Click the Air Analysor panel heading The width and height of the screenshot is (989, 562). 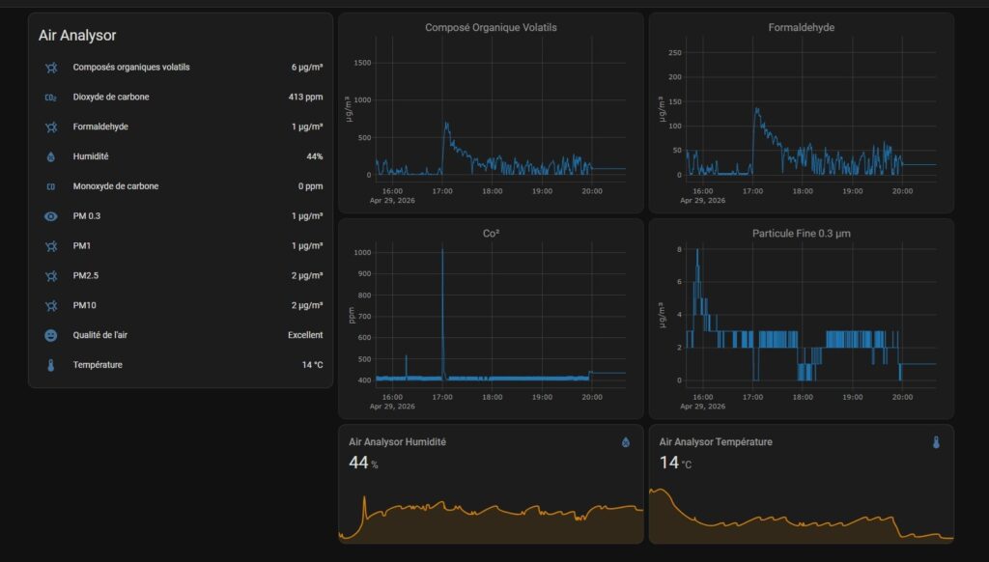(77, 36)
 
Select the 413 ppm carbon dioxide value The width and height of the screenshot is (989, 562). (305, 98)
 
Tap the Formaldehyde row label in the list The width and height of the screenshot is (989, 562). (100, 126)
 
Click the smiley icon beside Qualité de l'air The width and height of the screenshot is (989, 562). (51, 336)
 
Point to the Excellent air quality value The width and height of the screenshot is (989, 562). (305, 335)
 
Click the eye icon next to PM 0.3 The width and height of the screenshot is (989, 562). (51, 216)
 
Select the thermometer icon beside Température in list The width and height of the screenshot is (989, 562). (51, 365)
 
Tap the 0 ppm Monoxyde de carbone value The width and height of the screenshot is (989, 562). (310, 186)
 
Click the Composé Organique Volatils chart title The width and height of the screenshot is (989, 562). (491, 28)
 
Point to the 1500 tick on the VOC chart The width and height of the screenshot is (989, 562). (363, 63)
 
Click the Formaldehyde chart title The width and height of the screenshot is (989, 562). (801, 28)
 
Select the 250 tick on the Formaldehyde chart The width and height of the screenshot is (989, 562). (675, 53)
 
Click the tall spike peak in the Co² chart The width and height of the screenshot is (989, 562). (442, 250)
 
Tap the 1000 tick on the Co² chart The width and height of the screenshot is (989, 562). (363, 253)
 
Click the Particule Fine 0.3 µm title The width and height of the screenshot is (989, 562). (801, 234)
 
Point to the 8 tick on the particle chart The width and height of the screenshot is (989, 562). (679, 250)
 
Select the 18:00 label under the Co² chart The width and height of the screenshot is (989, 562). (492, 398)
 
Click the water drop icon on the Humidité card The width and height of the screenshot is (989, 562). (626, 442)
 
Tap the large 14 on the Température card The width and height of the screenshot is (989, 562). (669, 463)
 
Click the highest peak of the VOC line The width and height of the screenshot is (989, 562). (446, 123)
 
